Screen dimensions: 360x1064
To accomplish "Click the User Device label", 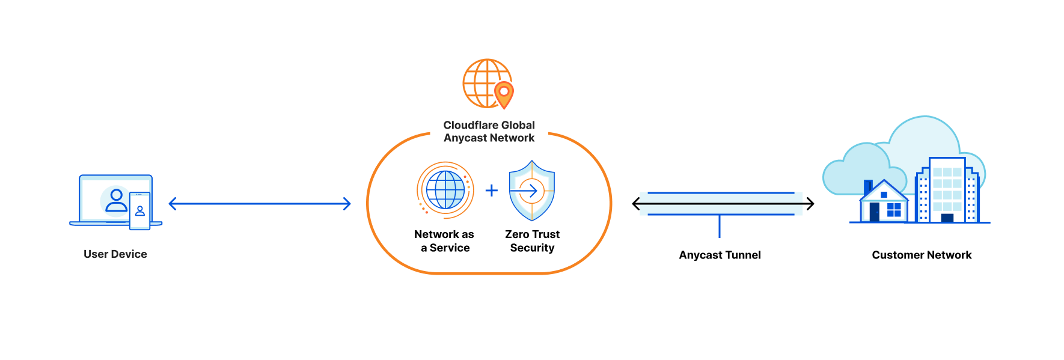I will [x=115, y=254].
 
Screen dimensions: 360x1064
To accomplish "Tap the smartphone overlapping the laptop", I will [x=140, y=211].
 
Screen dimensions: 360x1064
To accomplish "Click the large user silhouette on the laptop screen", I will [x=116, y=201].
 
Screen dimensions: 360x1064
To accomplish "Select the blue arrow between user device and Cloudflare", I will [x=260, y=204].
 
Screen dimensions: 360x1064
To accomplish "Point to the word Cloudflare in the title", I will [x=466, y=125].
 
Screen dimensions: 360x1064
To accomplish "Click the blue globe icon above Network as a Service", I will [x=445, y=190].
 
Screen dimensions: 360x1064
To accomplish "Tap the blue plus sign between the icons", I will [x=492, y=191].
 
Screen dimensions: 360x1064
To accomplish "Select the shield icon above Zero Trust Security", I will [x=532, y=191].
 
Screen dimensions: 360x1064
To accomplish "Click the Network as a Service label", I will [x=444, y=241].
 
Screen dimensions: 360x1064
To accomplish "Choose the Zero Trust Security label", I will [x=532, y=241].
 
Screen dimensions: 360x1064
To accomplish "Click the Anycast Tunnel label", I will [x=720, y=255].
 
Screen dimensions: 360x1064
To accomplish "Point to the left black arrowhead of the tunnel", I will [x=636, y=204].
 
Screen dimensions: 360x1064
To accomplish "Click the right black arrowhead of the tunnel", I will [x=810, y=204].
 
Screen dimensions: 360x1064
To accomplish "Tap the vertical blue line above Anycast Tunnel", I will [x=720, y=227].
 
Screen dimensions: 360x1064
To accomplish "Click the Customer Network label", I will [x=922, y=255].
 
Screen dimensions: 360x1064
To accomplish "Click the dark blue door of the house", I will [x=875, y=212].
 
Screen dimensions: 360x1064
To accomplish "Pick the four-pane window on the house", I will [x=894, y=210].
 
